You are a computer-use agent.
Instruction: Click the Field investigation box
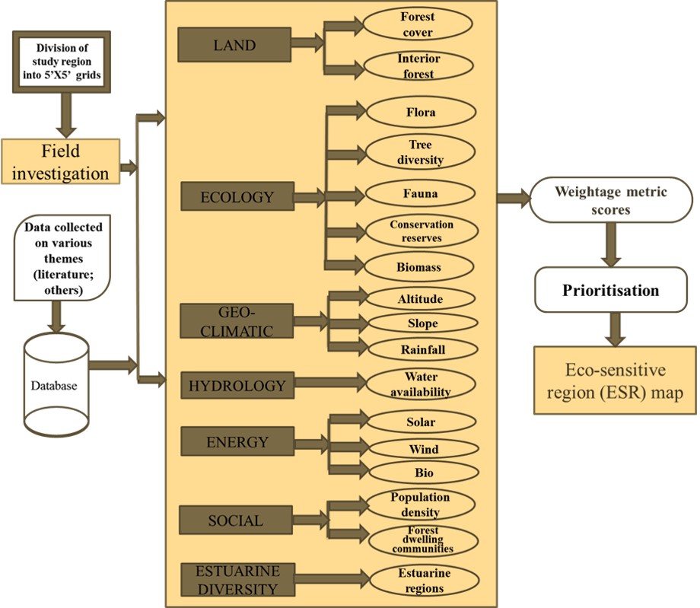[x=61, y=162]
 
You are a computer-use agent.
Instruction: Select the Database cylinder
[x=53, y=385]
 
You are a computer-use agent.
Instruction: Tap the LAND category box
[x=234, y=45]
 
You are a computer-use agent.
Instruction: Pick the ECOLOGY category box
[x=237, y=197]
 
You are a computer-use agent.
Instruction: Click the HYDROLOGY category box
[x=237, y=386]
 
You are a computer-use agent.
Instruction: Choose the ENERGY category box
[x=237, y=441]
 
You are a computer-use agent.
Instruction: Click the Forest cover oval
[x=418, y=24]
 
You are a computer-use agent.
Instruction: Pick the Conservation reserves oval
[x=421, y=231]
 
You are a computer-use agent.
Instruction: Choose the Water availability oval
[x=421, y=384]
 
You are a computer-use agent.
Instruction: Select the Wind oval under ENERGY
[x=422, y=449]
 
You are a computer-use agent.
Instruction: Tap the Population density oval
[x=421, y=505]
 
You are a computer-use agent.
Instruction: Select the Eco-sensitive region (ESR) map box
[x=615, y=380]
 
